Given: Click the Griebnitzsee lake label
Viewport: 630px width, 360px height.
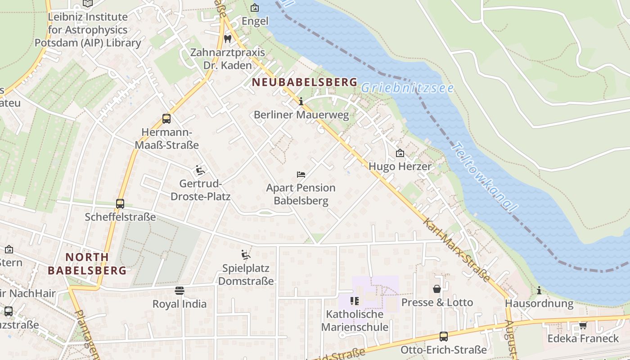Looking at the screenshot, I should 407,88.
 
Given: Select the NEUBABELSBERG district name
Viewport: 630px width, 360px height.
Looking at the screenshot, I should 305,82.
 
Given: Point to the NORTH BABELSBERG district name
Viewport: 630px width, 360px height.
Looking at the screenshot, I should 87,264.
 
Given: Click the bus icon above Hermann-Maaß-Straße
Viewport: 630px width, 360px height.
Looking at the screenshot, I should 166,119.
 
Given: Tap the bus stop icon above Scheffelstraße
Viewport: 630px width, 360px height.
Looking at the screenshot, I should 120,203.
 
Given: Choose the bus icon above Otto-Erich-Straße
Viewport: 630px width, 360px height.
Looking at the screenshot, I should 444,336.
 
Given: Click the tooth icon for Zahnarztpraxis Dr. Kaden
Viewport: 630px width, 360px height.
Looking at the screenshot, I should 228,39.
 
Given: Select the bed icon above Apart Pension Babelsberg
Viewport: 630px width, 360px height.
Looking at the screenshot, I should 301,174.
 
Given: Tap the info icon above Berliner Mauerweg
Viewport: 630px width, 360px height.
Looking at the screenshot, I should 301,102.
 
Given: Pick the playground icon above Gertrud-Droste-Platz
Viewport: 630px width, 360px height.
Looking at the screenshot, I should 200,170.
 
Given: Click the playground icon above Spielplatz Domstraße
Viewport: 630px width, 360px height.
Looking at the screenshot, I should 246,255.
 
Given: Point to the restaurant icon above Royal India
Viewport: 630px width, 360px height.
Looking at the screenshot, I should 180,290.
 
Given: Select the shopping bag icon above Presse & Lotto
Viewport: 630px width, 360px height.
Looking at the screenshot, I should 437,289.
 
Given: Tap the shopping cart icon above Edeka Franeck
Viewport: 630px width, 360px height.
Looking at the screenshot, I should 583,325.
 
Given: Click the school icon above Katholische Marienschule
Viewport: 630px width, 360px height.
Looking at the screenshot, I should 355,301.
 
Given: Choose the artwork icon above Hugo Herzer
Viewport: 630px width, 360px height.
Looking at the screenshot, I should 400,153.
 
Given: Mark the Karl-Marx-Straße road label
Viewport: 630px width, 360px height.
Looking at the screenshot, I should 456,250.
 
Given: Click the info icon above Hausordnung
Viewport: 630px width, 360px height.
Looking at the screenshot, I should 539,290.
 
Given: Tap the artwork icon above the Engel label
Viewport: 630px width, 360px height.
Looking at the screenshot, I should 255,8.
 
